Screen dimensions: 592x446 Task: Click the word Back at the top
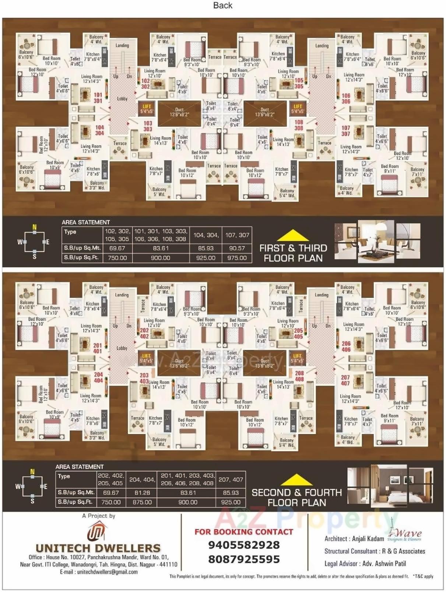click(222, 6)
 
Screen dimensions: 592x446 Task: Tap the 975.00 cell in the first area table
click(237, 258)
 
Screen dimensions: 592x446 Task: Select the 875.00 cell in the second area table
click(142, 502)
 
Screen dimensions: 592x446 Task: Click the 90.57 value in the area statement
click(237, 248)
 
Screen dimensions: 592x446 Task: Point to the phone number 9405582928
click(244, 545)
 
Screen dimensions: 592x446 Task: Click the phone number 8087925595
click(244, 559)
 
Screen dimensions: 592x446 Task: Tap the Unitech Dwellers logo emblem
click(97, 532)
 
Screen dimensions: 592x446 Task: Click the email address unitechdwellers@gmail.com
click(99, 572)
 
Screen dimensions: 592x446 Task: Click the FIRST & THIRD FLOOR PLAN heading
click(293, 253)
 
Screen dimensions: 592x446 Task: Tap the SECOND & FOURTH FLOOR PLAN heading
click(296, 497)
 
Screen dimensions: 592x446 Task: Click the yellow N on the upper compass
click(35, 227)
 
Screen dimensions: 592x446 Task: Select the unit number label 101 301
click(98, 98)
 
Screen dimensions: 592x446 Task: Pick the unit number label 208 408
click(299, 376)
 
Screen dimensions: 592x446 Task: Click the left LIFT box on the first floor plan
click(147, 109)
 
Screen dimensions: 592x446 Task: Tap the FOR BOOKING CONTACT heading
click(244, 532)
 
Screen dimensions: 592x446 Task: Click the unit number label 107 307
click(345, 131)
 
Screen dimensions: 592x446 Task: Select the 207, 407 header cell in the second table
click(231, 480)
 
